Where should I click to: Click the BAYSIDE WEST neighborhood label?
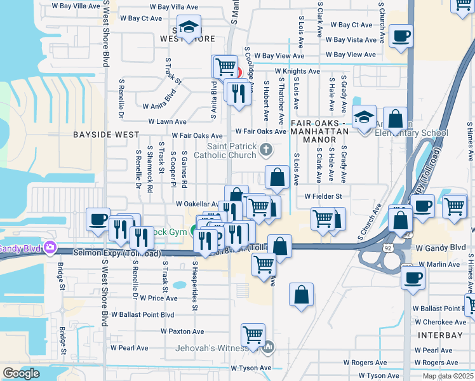point(105,135)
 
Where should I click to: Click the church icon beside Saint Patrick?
point(266,150)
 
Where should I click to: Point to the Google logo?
point(21,373)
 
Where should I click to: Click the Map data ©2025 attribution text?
point(448,376)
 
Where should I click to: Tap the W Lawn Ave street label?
point(167,121)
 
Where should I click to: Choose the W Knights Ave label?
point(297,71)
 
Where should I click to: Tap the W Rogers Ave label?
point(365,363)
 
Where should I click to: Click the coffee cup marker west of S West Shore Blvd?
point(98,219)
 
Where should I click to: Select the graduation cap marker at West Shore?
point(188,27)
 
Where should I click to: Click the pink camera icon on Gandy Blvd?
point(50,247)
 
